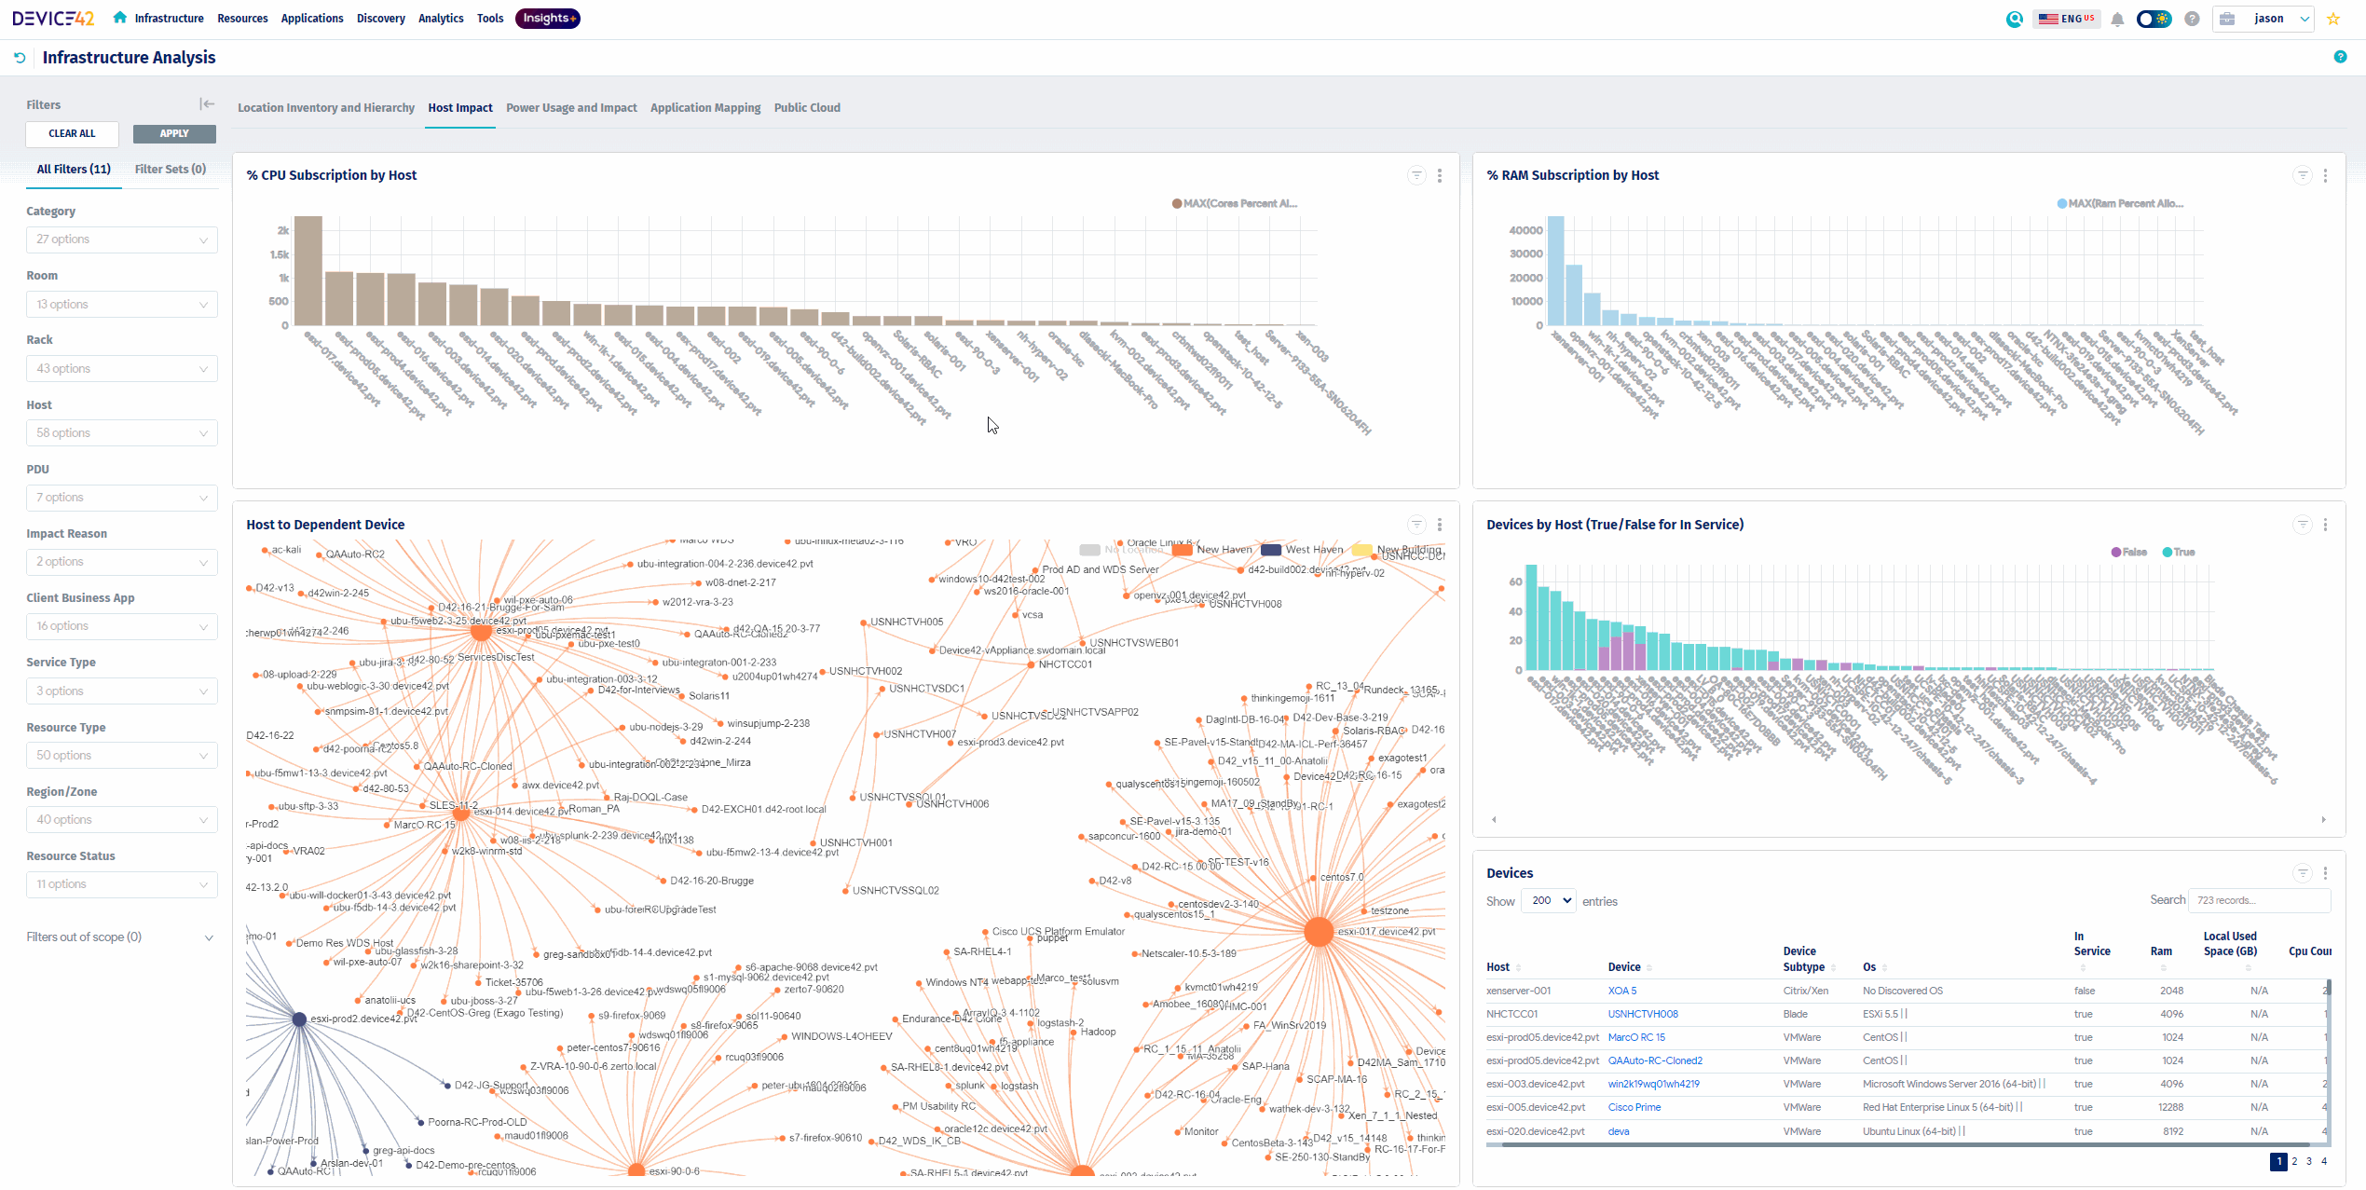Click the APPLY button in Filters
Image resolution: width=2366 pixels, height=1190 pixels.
click(x=174, y=134)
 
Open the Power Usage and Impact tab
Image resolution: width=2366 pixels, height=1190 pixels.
click(x=571, y=108)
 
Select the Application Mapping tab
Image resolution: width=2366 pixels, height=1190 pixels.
click(x=705, y=108)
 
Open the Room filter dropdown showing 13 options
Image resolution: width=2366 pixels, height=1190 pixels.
click(x=121, y=305)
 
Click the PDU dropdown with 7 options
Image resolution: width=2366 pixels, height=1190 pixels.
click(x=121, y=498)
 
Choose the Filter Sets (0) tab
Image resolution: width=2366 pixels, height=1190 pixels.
click(x=171, y=170)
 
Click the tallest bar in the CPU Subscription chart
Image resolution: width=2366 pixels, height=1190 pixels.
click(x=308, y=270)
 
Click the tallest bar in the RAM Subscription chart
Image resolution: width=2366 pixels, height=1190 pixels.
click(x=1555, y=270)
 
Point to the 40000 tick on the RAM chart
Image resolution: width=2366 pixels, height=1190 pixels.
click(x=1525, y=230)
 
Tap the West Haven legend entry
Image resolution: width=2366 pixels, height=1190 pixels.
click(x=1305, y=550)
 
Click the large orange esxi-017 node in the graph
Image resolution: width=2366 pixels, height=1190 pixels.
click(x=1319, y=931)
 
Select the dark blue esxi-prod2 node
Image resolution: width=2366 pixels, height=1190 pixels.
click(x=299, y=1019)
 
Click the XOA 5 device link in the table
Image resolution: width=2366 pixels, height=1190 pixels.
click(x=1622, y=991)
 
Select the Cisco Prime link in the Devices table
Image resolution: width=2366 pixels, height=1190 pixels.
click(x=1634, y=1107)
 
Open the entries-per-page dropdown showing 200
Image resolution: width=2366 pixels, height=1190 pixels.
click(x=1549, y=900)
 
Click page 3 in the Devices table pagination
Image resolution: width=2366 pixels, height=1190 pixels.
click(x=2309, y=1161)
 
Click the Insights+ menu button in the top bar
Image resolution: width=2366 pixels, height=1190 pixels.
click(x=548, y=19)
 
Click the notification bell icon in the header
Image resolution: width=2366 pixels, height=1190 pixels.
click(x=2117, y=20)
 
